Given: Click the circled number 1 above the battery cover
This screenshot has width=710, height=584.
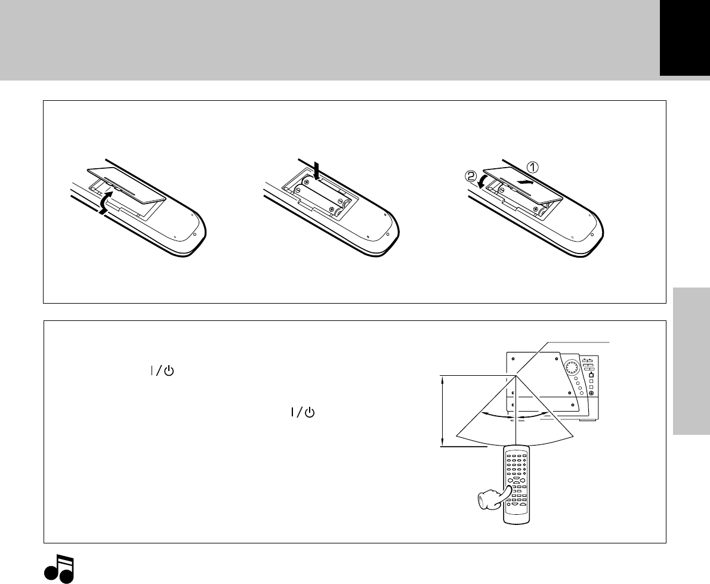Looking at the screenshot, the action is pos(532,167).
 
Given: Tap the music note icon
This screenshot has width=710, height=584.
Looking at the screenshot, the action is pos(59,568).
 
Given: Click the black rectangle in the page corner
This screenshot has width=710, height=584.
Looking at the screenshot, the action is pos(685,38).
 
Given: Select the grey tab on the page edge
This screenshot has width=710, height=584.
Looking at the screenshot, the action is pos(692,361).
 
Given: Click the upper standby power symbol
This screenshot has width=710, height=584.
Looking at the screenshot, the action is pos(162,371).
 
